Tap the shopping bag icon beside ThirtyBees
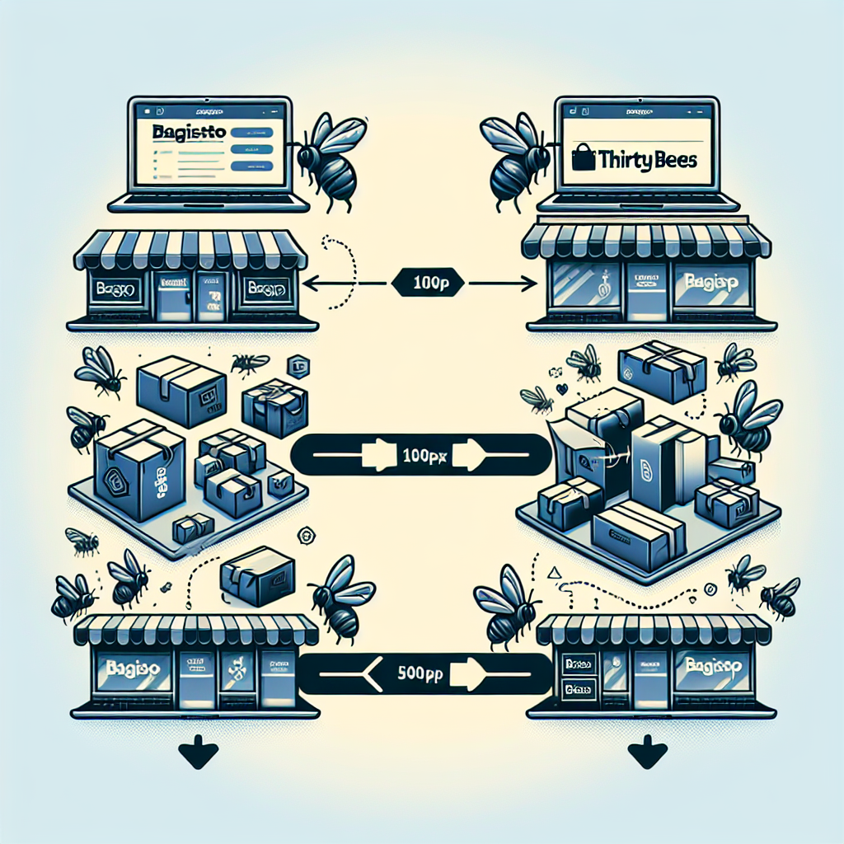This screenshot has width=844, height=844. [583, 157]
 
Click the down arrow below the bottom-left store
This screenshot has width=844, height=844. [198, 753]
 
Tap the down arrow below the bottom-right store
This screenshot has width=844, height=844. [646, 753]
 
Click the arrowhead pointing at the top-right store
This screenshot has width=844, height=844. [528, 284]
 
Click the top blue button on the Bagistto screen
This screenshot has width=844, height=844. [254, 132]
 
